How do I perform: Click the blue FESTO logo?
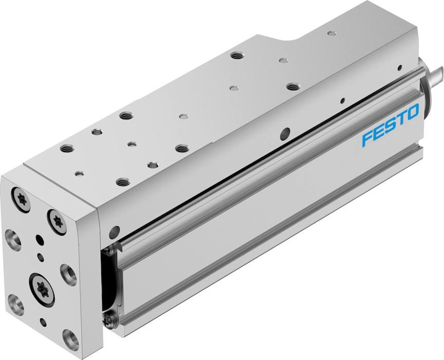coord(390,125)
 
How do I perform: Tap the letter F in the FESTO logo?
coord(368,138)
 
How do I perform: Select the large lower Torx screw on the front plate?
coord(42,290)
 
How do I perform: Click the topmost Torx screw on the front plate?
coord(21,200)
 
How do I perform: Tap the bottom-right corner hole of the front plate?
coord(70,339)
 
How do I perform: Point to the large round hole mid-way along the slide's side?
coord(285,134)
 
